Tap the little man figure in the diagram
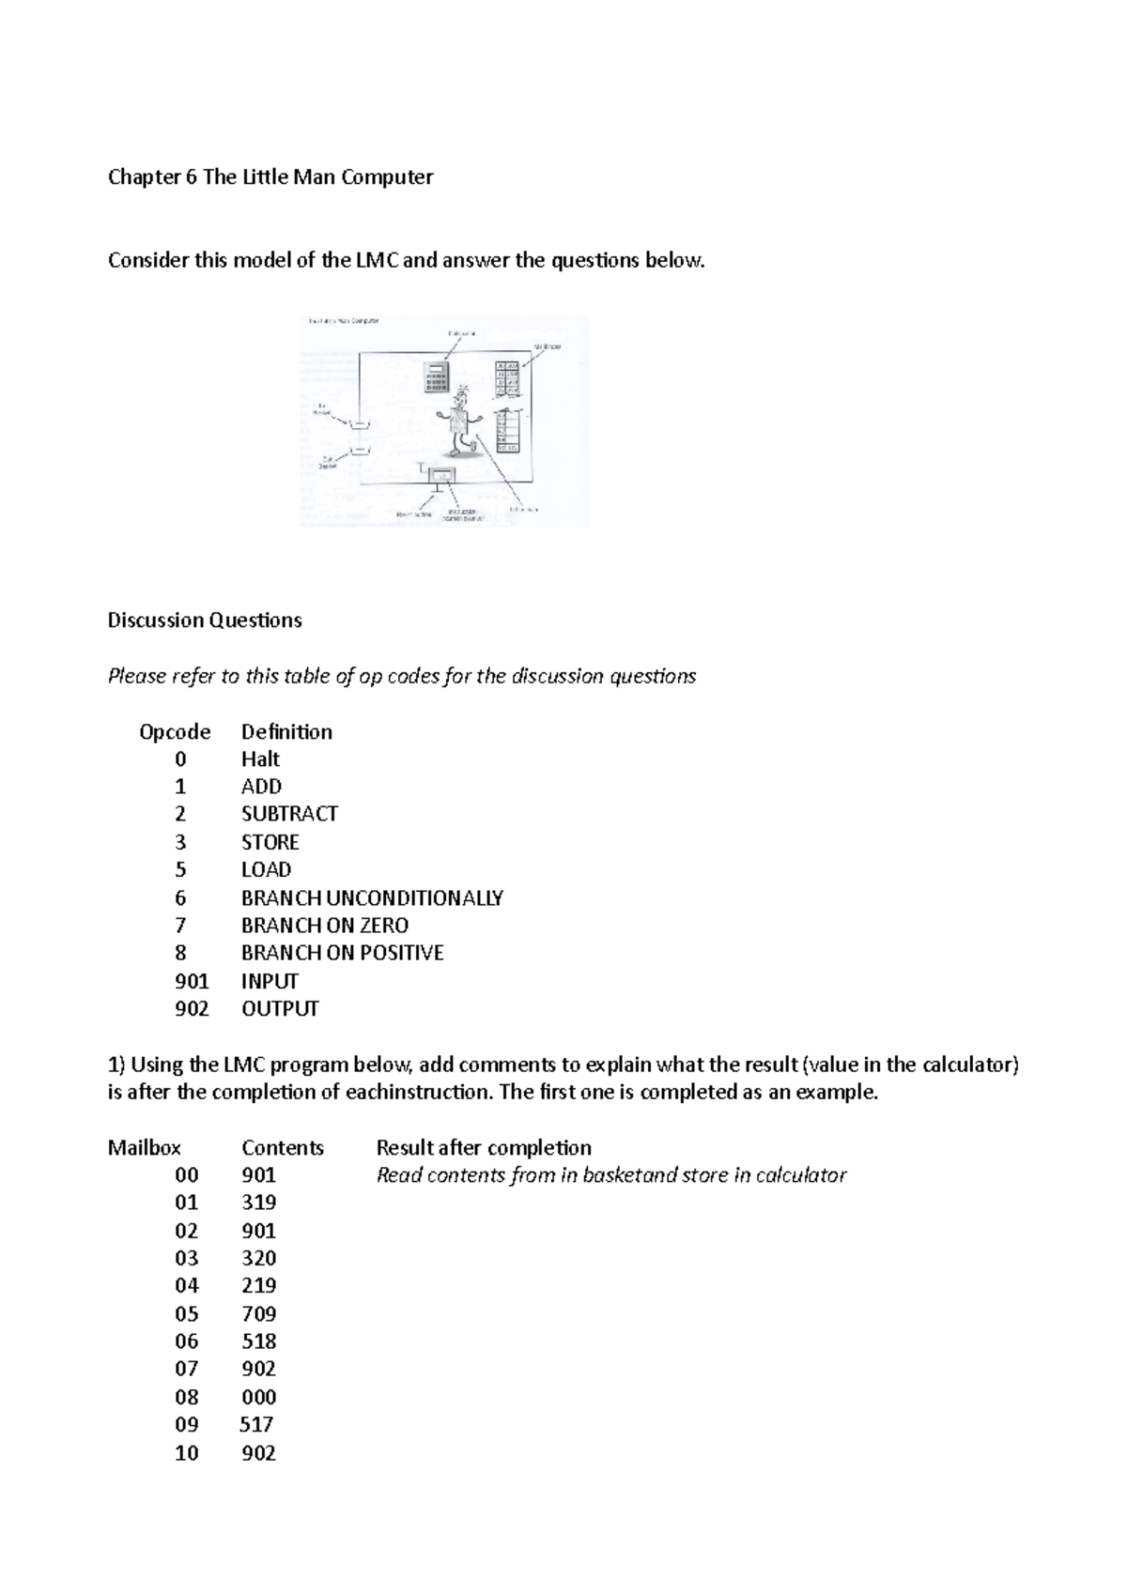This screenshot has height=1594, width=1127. (459, 421)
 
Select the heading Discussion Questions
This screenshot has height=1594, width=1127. (205, 621)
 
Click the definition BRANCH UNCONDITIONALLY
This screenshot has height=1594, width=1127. (372, 898)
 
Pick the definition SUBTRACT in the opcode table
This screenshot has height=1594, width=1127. (289, 814)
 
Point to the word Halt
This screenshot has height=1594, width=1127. (260, 759)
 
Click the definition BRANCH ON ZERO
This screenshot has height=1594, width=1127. (324, 926)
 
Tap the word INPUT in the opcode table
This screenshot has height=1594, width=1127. (270, 981)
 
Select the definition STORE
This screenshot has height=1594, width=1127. (270, 842)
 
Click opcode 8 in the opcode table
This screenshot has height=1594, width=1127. (180, 953)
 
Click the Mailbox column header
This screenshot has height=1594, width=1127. (145, 1148)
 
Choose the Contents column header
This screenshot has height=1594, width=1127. (283, 1148)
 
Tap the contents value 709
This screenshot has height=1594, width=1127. (258, 1314)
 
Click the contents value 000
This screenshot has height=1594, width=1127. (258, 1398)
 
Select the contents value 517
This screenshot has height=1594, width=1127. (256, 1425)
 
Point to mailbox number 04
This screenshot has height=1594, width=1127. (187, 1286)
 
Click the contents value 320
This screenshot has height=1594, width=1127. (258, 1259)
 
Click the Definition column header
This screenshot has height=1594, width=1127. (286, 732)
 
